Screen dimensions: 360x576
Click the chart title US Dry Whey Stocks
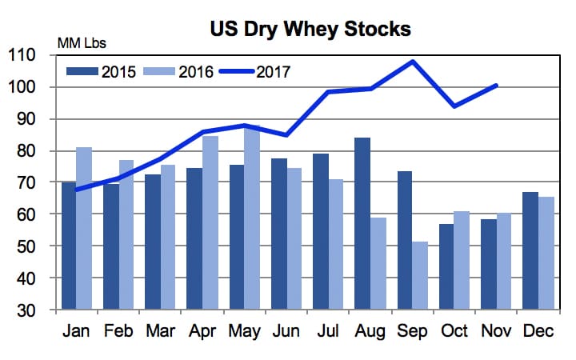[x=310, y=30]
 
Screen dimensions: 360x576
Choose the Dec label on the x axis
[x=537, y=330]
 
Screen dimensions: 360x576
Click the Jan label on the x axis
[x=77, y=330]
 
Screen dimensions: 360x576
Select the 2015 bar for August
[x=362, y=224]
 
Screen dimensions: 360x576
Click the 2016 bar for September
[x=419, y=276]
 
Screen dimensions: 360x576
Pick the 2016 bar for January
[x=85, y=229]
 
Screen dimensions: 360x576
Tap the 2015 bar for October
[x=446, y=267]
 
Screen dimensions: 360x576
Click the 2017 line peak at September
[x=412, y=61]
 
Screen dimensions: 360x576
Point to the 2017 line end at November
[x=496, y=85]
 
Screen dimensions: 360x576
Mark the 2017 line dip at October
[x=454, y=106]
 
